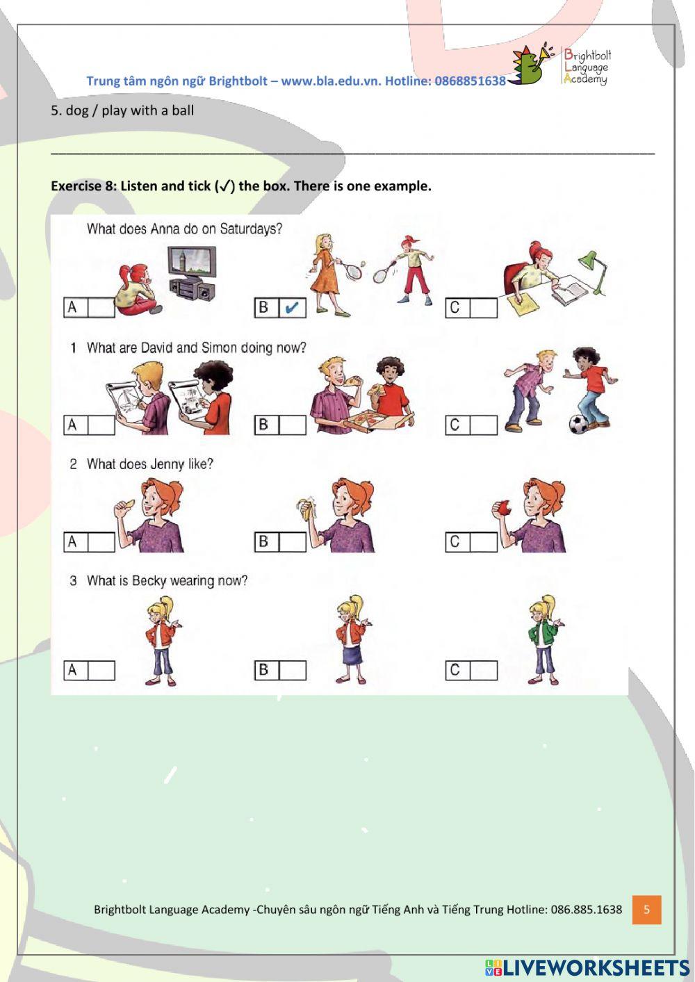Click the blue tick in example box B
point(293,307)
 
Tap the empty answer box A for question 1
point(101,425)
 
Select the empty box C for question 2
point(484,541)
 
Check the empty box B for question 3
point(293,670)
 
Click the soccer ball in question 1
point(578,424)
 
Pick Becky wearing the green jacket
point(543,640)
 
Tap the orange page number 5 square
point(646,910)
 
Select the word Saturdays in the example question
point(251,229)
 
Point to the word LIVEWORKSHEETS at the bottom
point(595,967)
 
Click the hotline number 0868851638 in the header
point(470,81)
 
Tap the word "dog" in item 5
point(77,111)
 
